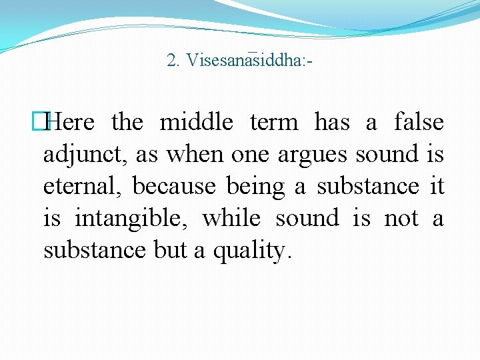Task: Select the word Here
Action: tap(72, 123)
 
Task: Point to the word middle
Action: tap(196, 123)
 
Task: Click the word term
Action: tap(274, 123)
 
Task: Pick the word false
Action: tap(419, 123)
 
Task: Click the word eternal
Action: tap(83, 187)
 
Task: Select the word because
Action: tap(173, 187)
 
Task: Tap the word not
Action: tap(401, 219)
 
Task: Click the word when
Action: tap(195, 155)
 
